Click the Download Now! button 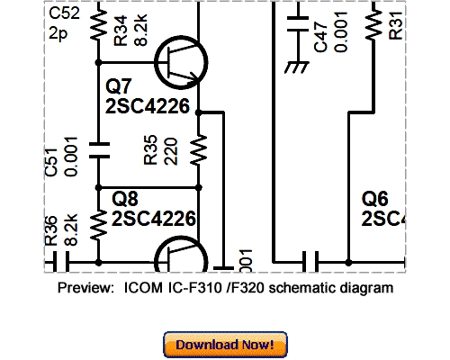225,345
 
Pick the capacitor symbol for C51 98,148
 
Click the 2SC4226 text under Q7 149,107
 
